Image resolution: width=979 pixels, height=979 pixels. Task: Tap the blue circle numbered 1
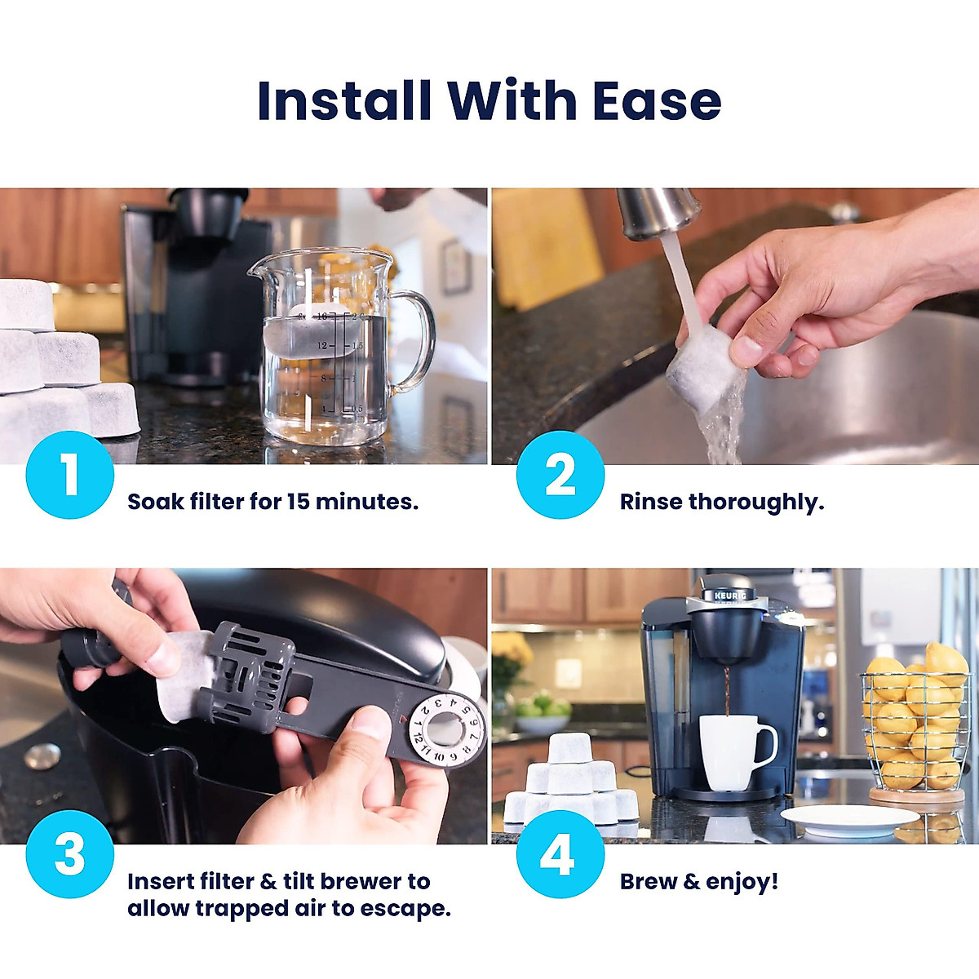[x=69, y=475]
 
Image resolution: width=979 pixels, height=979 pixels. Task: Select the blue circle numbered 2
[x=560, y=475]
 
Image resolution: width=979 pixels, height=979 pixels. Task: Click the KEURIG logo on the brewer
[x=730, y=596]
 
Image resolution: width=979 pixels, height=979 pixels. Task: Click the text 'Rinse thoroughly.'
[x=722, y=502]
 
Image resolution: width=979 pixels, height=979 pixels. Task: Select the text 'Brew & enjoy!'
[x=699, y=882]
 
